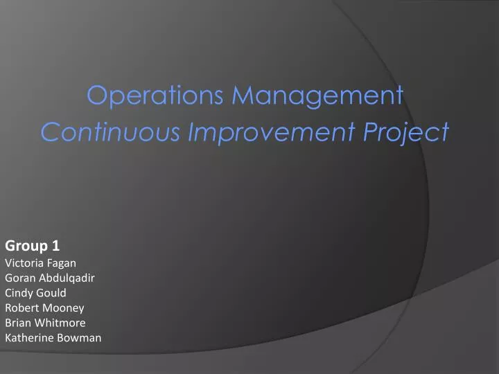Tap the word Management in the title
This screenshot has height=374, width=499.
coord(317,96)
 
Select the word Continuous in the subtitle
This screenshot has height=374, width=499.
coord(111,131)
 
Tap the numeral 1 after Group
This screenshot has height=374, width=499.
coord(55,246)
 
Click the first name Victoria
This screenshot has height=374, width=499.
coord(24,262)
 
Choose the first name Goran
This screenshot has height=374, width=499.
coord(20,278)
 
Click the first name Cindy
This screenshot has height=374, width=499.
coord(19,293)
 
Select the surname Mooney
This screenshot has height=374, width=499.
coord(63,308)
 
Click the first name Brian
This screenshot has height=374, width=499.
coord(18,323)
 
